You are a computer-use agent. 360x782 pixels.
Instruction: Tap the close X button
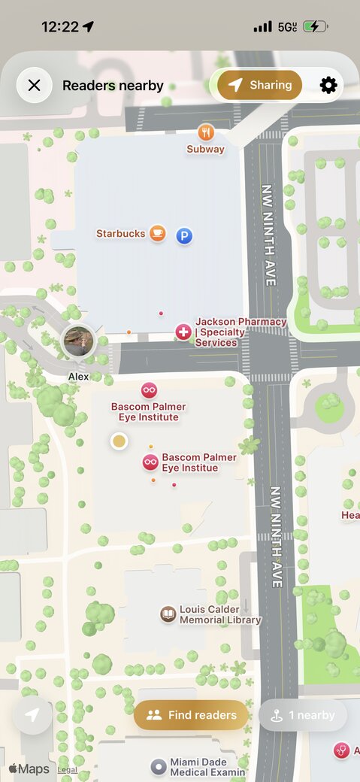34,85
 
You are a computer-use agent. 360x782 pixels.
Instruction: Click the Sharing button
259,85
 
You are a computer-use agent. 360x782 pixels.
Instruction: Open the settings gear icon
328,85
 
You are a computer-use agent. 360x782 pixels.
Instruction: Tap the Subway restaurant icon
206,132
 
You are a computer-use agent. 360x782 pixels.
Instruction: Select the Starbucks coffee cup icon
157,233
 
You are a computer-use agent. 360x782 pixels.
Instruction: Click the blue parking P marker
184,236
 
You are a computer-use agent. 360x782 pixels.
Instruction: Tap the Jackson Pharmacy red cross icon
183,332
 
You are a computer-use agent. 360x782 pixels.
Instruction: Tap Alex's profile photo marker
77,342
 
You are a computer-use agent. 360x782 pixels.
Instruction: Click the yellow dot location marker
119,441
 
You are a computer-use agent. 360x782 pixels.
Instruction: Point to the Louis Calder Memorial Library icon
168,614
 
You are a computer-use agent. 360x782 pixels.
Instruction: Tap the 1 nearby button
303,715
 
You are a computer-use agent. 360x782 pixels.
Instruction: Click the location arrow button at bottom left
32,716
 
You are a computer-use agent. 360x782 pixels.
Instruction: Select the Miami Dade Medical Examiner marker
158,767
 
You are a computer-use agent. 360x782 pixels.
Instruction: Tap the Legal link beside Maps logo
68,770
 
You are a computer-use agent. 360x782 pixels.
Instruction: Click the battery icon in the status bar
314,26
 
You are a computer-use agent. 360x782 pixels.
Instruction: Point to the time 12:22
60,26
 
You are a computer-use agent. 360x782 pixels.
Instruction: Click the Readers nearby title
113,86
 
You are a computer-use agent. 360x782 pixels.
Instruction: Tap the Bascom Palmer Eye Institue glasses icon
150,462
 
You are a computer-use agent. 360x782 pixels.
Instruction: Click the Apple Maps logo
29,769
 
